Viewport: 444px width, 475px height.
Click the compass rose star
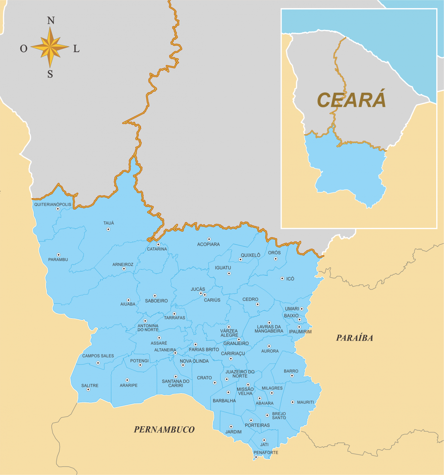click(50, 47)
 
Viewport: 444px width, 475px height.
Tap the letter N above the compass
click(51, 21)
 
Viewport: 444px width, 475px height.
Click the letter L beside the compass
click(76, 49)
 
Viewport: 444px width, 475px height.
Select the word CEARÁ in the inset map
click(351, 100)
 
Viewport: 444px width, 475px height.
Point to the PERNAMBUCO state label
click(164, 429)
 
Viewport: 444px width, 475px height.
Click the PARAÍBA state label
click(354, 338)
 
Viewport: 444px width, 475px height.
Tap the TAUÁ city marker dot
click(108, 229)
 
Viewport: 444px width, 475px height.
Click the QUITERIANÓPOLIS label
click(53, 204)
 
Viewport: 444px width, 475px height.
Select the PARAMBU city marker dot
click(58, 254)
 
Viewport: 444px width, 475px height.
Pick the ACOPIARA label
click(208, 244)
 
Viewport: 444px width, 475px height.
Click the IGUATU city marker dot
click(229, 274)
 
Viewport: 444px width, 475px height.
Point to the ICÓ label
click(290, 278)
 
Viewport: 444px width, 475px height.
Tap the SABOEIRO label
click(156, 301)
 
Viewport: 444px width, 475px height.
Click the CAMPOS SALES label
click(98, 356)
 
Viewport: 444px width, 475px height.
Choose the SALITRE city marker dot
click(88, 390)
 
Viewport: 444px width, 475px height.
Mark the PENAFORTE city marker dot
click(256, 457)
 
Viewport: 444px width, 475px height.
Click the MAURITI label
click(305, 402)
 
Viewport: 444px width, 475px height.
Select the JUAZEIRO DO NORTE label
click(240, 374)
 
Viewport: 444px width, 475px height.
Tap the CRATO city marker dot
click(215, 383)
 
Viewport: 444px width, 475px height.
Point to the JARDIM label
click(233, 432)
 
